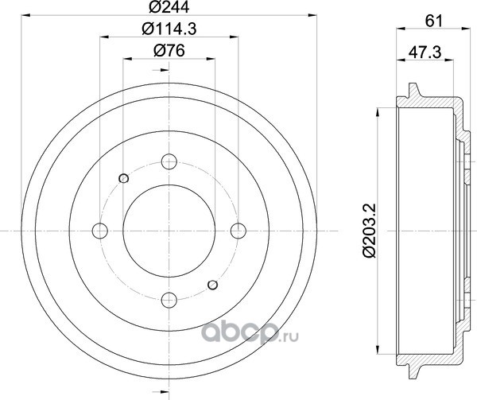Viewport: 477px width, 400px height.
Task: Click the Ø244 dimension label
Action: click(x=169, y=6)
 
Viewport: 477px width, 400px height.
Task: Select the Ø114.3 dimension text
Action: click(x=169, y=29)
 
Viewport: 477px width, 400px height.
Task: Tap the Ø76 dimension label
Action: click(x=169, y=50)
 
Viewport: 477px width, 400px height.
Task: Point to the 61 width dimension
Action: click(x=433, y=21)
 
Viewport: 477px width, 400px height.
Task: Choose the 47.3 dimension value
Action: click(x=425, y=52)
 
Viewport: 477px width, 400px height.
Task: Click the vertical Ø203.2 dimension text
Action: click(x=370, y=231)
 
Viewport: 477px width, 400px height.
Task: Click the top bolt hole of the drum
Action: click(x=169, y=161)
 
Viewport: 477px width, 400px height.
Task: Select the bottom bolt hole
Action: click(x=169, y=301)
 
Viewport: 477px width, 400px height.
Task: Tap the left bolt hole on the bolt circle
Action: click(x=100, y=231)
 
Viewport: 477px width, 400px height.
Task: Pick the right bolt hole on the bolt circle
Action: click(x=238, y=231)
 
